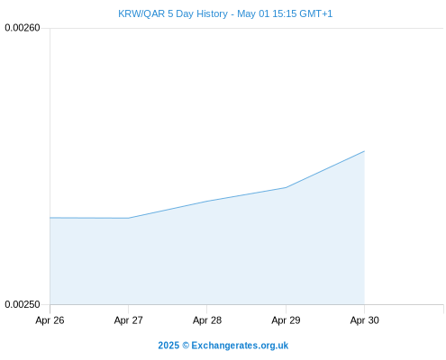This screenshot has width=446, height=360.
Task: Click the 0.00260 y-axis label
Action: point(23,28)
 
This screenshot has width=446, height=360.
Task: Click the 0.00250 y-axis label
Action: point(23,304)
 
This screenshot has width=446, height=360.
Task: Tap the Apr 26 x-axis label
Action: point(50,320)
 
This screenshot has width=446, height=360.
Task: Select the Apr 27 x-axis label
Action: point(129,320)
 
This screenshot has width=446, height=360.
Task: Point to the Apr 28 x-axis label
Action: point(207,320)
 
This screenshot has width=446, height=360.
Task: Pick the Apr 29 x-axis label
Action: point(286,320)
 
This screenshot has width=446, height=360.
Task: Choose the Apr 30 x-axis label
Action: point(365,320)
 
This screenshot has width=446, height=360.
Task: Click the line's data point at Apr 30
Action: point(364,151)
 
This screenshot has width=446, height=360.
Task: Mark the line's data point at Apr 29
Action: point(286,187)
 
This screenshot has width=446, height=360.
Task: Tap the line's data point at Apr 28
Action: point(207,201)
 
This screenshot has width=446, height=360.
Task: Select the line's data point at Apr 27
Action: point(129,218)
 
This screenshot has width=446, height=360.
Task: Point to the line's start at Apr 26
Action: point(50,218)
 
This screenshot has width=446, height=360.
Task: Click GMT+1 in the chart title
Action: point(316,13)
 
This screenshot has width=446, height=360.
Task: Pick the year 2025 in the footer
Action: point(168,346)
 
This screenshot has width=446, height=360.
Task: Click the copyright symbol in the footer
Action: point(186,346)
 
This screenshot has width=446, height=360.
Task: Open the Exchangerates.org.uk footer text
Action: point(240,346)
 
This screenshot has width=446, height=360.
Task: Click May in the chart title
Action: point(247,14)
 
